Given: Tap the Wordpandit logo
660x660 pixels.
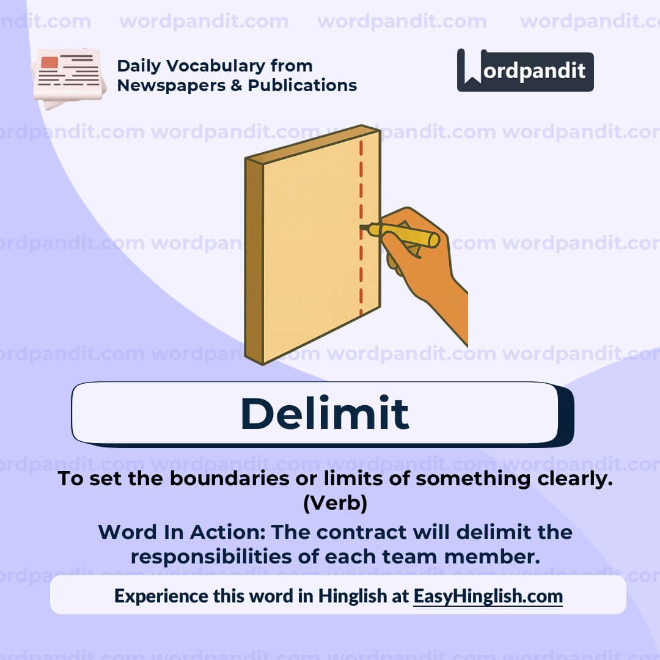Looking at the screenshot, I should click(525, 70).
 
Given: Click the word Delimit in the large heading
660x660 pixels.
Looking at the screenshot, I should click(324, 413).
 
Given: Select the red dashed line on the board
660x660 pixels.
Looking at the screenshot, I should click(361, 183).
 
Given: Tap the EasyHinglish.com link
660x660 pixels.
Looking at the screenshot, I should click(488, 596).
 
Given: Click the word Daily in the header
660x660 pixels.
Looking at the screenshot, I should click(138, 65).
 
